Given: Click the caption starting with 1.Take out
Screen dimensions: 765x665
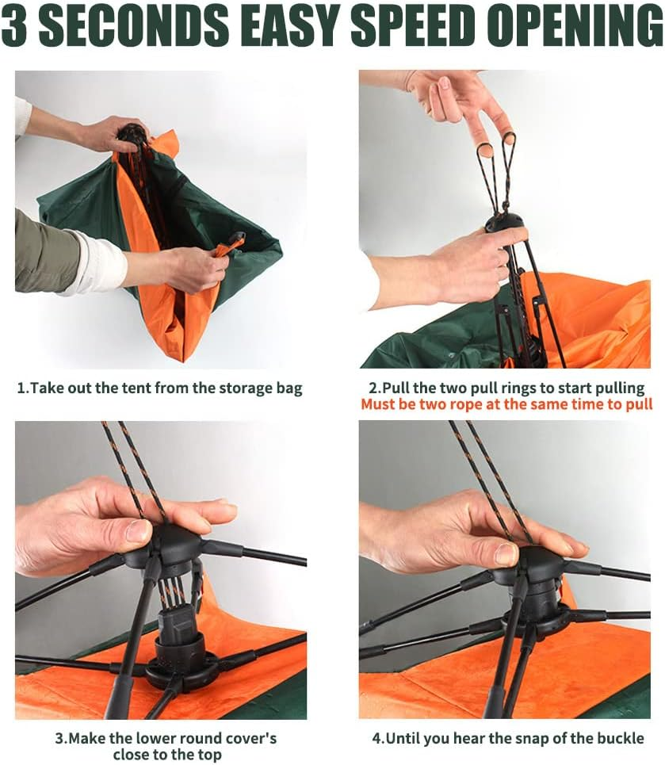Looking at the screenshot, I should [x=159, y=388].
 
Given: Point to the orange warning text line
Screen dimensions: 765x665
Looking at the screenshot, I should [x=506, y=404].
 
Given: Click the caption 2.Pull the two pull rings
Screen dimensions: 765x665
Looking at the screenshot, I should [x=507, y=388].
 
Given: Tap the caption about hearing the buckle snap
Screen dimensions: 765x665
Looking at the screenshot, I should [x=507, y=738].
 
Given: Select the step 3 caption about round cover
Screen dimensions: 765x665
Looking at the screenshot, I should [x=165, y=746].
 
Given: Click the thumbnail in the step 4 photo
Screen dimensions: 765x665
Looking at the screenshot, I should [x=504, y=553].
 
